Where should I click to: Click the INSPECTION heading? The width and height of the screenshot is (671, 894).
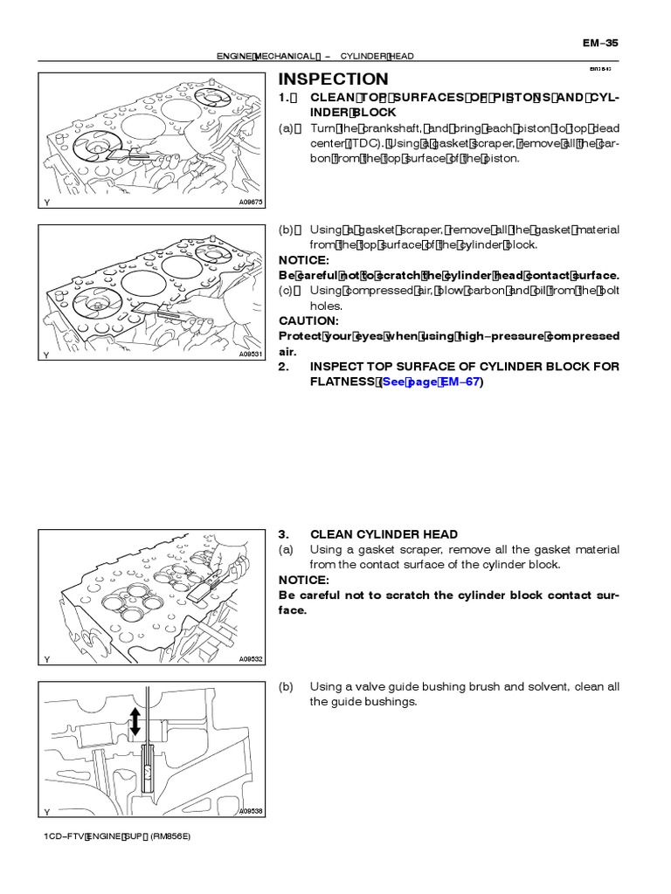point(333,79)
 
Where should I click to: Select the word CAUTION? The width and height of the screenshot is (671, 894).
point(304,321)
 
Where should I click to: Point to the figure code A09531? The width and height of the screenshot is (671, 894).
point(250,355)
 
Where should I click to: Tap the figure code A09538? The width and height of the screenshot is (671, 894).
point(250,811)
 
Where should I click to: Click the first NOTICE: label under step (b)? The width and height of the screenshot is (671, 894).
point(303,260)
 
